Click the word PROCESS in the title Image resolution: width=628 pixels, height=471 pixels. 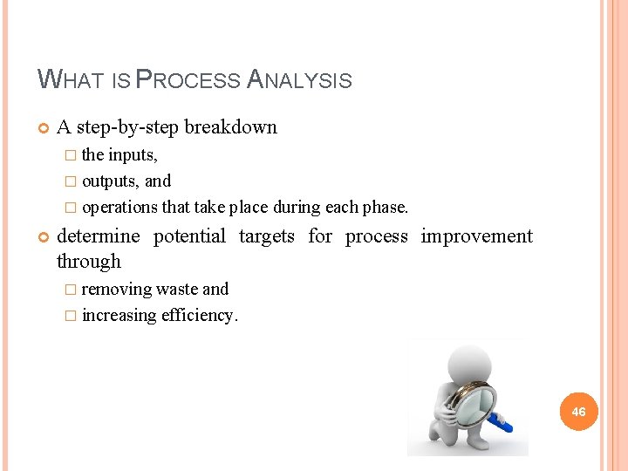click(x=189, y=81)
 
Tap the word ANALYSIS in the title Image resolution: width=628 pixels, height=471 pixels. click(x=300, y=81)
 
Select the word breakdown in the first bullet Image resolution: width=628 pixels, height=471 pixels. click(x=230, y=127)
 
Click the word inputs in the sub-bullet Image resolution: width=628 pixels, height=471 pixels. click(x=132, y=155)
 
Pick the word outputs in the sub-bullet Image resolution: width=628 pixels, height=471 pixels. click(x=111, y=181)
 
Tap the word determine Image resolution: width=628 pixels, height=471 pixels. click(x=98, y=236)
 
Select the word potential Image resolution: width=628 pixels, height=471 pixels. click(x=189, y=236)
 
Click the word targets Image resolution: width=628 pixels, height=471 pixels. click(x=266, y=236)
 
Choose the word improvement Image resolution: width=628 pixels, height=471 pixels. click(x=476, y=236)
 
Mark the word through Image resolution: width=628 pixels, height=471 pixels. click(x=88, y=262)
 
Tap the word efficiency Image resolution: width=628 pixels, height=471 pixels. click(x=199, y=316)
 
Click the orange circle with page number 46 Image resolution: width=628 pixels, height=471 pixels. click(x=579, y=411)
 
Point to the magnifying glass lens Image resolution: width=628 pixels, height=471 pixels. click(x=473, y=402)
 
